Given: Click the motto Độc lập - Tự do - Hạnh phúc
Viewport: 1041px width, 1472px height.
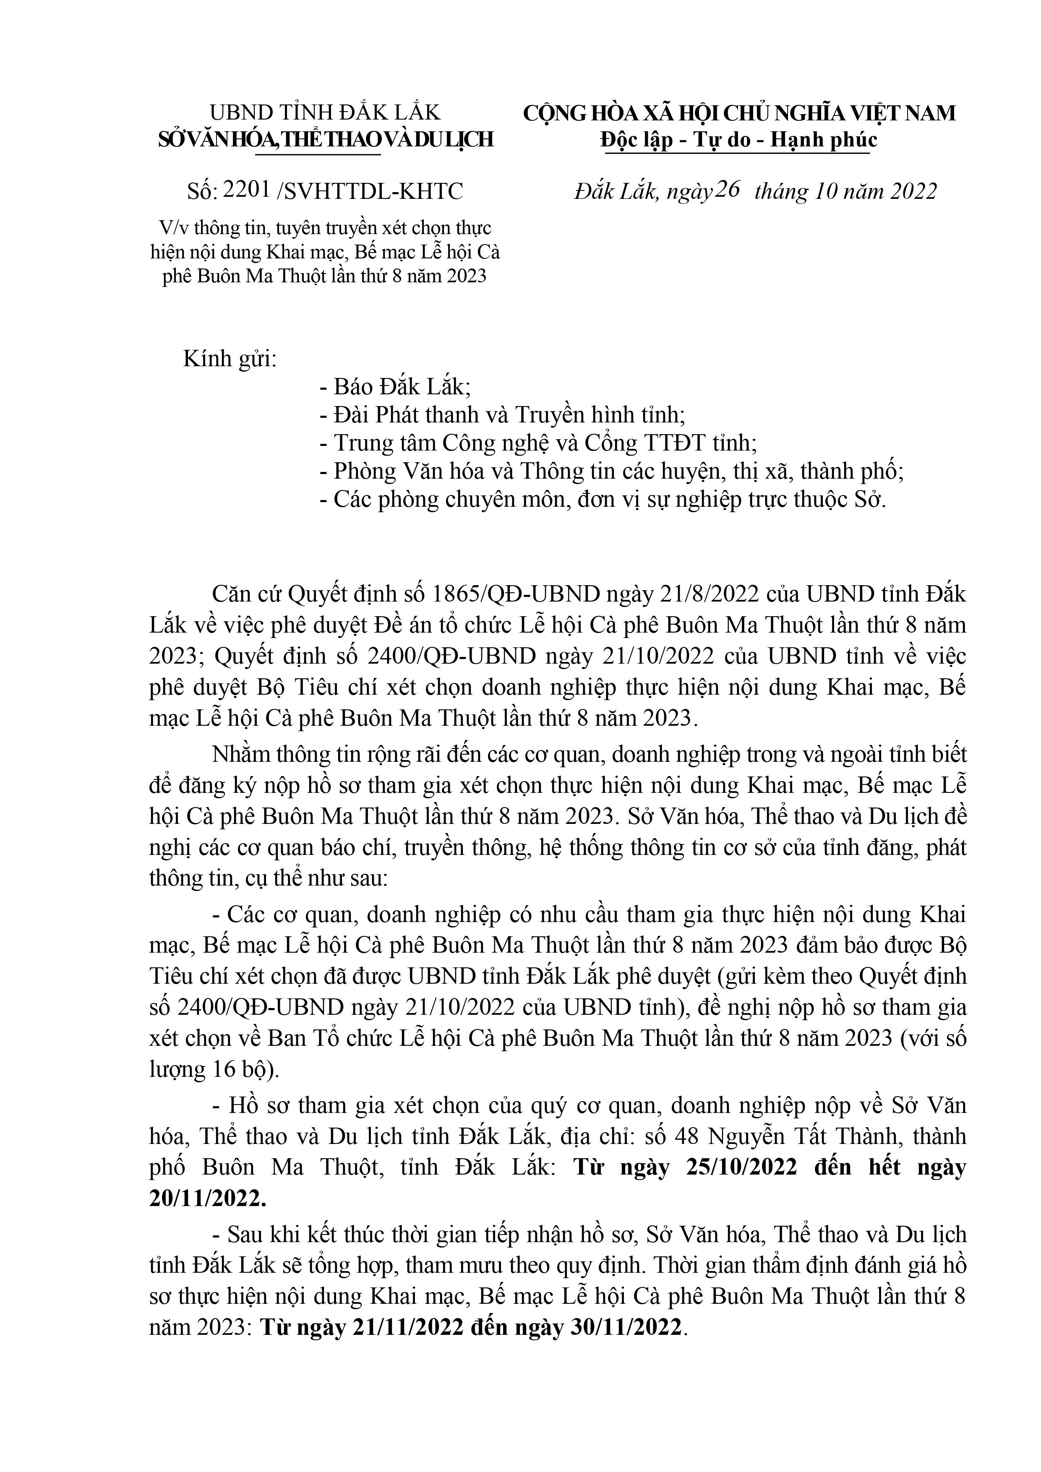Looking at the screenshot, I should (x=739, y=140).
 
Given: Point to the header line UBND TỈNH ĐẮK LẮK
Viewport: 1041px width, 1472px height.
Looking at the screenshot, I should (x=325, y=113).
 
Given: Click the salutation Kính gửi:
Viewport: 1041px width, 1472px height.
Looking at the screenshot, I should (x=230, y=359).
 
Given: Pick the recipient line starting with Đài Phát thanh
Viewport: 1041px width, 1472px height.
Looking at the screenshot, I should (x=502, y=415).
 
